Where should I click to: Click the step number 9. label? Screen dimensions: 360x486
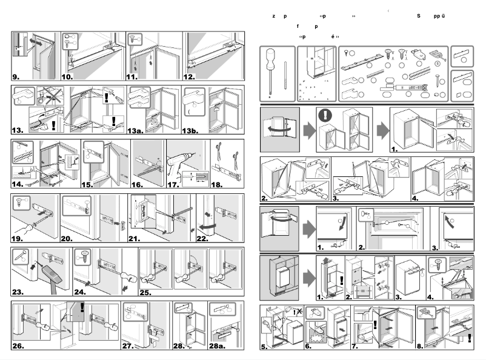point(16,77)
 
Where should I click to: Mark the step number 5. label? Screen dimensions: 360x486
point(264,347)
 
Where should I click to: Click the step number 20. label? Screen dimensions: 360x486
point(69,238)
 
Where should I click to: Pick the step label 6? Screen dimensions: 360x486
point(308,347)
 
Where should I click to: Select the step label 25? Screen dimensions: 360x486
point(147,292)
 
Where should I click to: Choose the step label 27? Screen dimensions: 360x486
point(128,347)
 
